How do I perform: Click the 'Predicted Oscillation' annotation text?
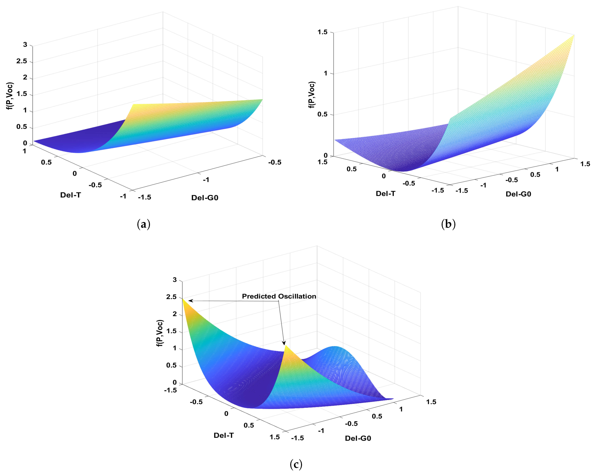[x=279, y=296]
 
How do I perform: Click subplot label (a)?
[x=144, y=224]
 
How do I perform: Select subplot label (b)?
[x=448, y=224]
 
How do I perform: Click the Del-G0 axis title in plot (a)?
[x=205, y=198]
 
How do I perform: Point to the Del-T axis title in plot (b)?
[x=385, y=194]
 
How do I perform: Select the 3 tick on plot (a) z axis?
[x=25, y=45]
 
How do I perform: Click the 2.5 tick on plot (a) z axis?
[x=22, y=61]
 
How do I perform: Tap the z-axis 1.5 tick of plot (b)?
[x=322, y=32]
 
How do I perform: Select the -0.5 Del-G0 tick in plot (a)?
[x=275, y=162]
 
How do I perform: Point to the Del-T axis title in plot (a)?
[x=71, y=195]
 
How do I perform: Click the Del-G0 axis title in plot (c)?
[x=358, y=438]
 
